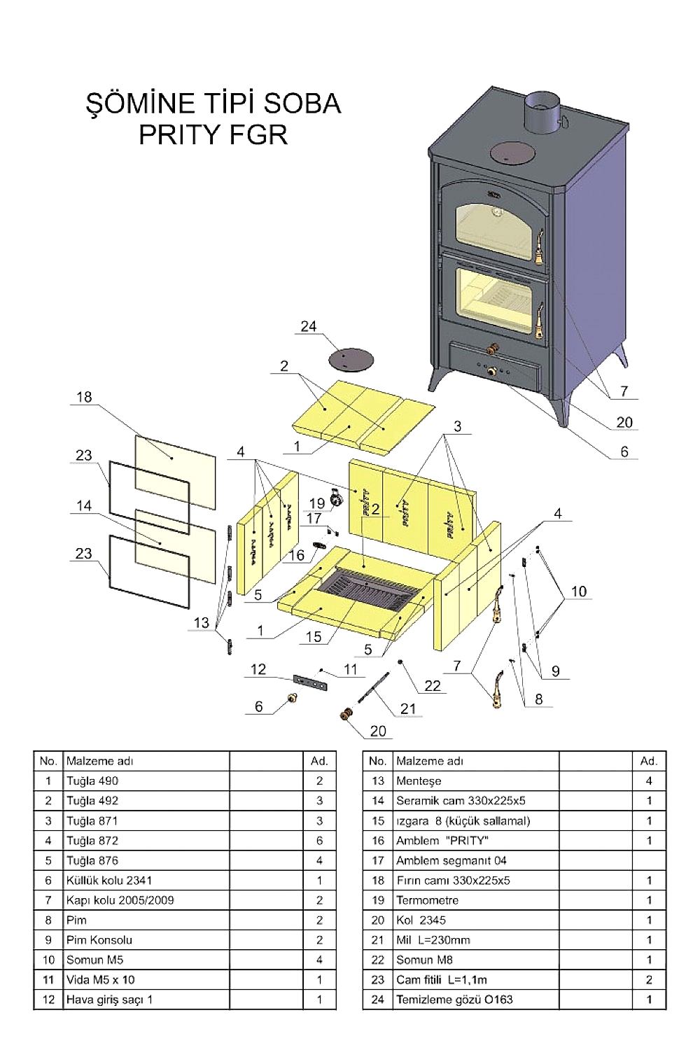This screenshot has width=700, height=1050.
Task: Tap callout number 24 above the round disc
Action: coord(309,327)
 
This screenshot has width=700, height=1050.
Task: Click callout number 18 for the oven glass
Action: coord(84,397)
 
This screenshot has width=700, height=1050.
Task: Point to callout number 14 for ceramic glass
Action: coord(84,505)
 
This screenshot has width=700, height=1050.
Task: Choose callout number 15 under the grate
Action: coord(314,636)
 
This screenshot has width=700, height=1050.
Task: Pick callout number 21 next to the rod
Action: coord(408,708)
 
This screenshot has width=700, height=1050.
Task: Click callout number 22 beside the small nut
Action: coord(433,685)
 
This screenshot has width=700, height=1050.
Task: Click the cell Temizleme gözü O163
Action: coord(454,1000)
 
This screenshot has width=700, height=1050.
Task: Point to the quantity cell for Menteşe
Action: coord(649,781)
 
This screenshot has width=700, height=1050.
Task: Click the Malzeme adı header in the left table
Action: coord(99,761)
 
